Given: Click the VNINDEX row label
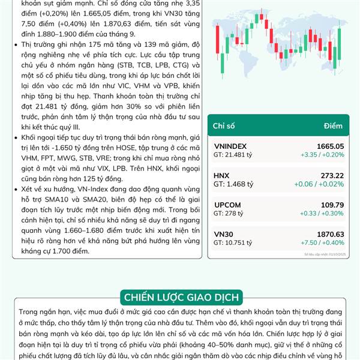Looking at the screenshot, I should point(230,146).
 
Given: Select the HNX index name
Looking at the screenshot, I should point(221,175).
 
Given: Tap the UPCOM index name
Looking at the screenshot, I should point(227,205).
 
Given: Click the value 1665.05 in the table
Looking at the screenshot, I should point(330,146).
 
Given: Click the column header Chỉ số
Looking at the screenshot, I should point(224,125).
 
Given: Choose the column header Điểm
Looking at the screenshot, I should point(333,125).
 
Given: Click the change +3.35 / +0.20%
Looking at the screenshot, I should point(322,155).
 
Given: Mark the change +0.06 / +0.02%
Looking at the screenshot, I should point(322,184).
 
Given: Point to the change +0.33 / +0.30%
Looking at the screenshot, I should point(322,214).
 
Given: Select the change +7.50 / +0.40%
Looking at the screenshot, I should point(322,242).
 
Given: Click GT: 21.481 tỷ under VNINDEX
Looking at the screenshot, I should point(232,155).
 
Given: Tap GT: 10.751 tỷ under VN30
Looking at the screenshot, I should point(232,242).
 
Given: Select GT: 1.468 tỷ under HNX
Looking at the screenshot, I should point(230,184).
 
